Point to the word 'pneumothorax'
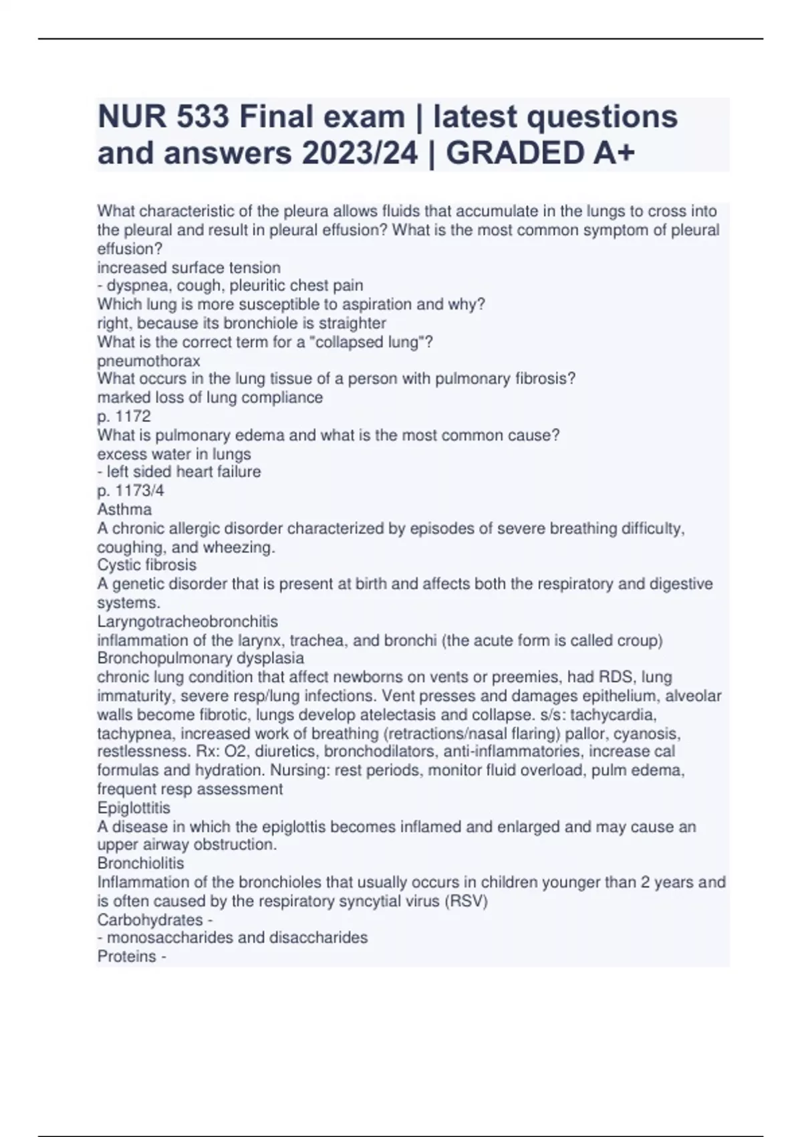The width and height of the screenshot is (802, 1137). [x=149, y=360]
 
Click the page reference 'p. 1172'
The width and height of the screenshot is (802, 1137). [x=124, y=416]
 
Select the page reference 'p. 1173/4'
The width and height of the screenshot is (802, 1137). [x=130, y=490]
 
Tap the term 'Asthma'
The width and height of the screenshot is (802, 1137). [x=124, y=509]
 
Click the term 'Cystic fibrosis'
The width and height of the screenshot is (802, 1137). [x=147, y=565]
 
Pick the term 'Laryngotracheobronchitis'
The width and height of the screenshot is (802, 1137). [x=188, y=621]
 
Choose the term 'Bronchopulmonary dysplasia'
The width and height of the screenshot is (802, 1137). [x=200, y=658]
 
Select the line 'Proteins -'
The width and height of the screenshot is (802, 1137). [x=132, y=956]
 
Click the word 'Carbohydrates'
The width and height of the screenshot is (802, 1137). [x=150, y=920]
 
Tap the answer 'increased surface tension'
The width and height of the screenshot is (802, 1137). [x=189, y=268]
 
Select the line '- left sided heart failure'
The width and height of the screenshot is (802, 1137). [x=179, y=472]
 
